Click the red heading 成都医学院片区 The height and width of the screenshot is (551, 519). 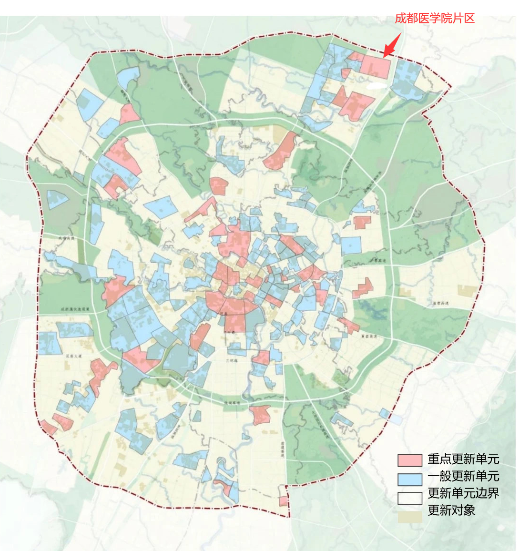pyautogui.click(x=435, y=19)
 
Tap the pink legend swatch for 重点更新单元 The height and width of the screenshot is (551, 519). pyautogui.click(x=410, y=460)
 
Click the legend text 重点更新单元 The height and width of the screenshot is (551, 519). pyautogui.click(x=463, y=459)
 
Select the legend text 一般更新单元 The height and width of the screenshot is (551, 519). pyautogui.click(x=463, y=476)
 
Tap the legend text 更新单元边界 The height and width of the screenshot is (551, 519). pyautogui.click(x=463, y=493)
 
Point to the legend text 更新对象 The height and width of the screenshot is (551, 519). pyautogui.click(x=451, y=510)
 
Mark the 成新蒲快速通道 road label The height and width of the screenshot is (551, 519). pyautogui.click(x=75, y=309)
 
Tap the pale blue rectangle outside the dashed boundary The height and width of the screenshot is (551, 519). pyautogui.click(x=397, y=419)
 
